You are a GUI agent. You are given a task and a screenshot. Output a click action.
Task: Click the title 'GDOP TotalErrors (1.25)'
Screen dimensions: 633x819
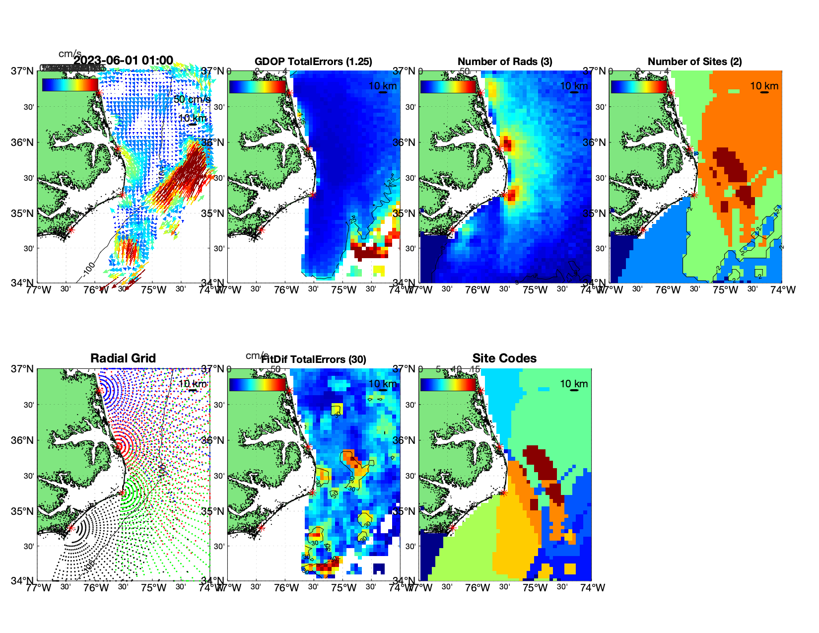pos(313,62)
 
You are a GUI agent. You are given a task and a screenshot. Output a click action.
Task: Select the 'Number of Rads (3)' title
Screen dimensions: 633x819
pos(505,62)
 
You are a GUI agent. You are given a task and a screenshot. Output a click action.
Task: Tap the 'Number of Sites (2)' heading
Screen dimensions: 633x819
pos(694,62)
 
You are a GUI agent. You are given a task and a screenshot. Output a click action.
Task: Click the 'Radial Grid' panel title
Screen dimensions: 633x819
pos(123,358)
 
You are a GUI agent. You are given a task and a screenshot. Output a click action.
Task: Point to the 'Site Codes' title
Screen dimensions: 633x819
pos(504,358)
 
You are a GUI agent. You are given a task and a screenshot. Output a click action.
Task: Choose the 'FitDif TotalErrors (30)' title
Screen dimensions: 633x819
pos(314,359)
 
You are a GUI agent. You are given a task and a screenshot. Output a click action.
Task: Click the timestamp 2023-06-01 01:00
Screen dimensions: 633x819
pos(124,61)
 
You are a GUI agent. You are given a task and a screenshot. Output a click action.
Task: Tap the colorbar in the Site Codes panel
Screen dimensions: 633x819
pos(448,384)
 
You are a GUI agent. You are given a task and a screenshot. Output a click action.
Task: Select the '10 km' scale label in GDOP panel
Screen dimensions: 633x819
pos(382,86)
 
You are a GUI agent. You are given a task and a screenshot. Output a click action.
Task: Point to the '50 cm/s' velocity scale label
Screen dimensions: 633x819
pos(192,99)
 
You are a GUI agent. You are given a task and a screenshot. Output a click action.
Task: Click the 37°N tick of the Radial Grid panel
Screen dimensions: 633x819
pos(23,369)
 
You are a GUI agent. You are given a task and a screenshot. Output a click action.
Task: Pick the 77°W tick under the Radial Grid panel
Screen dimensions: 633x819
pos(39,588)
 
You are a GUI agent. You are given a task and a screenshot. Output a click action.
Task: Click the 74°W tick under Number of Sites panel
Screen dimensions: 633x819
pos(783,290)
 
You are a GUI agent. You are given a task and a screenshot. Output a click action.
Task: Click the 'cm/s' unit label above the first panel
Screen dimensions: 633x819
pos(69,54)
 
